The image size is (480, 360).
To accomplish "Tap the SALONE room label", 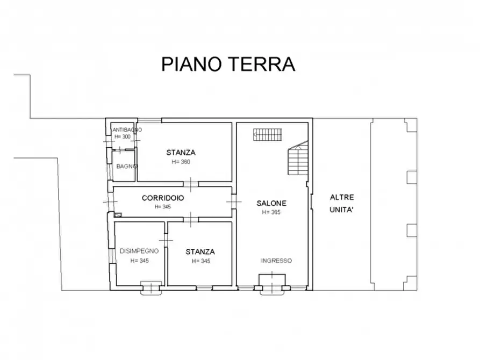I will [x=271, y=203].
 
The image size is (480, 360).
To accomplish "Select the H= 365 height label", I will [x=271, y=212].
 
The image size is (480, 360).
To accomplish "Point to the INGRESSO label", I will [x=276, y=261].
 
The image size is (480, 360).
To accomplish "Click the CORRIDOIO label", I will [x=163, y=198].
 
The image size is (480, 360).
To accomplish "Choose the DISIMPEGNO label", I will [x=139, y=251].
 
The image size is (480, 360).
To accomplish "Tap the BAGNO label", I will [x=127, y=166].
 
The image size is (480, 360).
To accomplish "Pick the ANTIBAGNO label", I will [x=127, y=130].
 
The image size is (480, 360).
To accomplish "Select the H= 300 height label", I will [x=123, y=137].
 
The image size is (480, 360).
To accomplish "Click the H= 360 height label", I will [x=181, y=162].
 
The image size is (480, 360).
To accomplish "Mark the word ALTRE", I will [x=342, y=197].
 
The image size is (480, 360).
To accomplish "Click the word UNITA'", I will [x=341, y=210].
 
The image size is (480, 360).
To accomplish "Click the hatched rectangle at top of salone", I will [x=268, y=134].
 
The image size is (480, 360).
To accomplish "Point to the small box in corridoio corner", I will [x=118, y=214].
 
